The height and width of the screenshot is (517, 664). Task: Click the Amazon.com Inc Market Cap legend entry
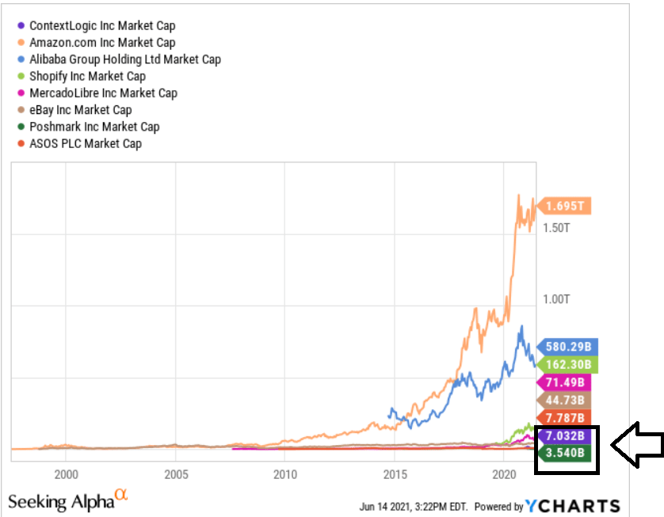click(101, 43)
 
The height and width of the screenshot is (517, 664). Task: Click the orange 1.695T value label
click(566, 207)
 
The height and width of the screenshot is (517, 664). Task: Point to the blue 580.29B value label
click(567, 347)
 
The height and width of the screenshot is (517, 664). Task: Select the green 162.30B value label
click(567, 365)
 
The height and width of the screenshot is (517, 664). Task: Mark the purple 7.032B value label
click(566, 435)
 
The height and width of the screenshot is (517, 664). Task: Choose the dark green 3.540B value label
click(566, 453)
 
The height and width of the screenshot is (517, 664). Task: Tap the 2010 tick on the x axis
click(284, 475)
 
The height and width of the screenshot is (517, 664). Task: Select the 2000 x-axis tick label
click(66, 475)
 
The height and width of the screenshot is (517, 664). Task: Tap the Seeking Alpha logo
click(67, 500)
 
